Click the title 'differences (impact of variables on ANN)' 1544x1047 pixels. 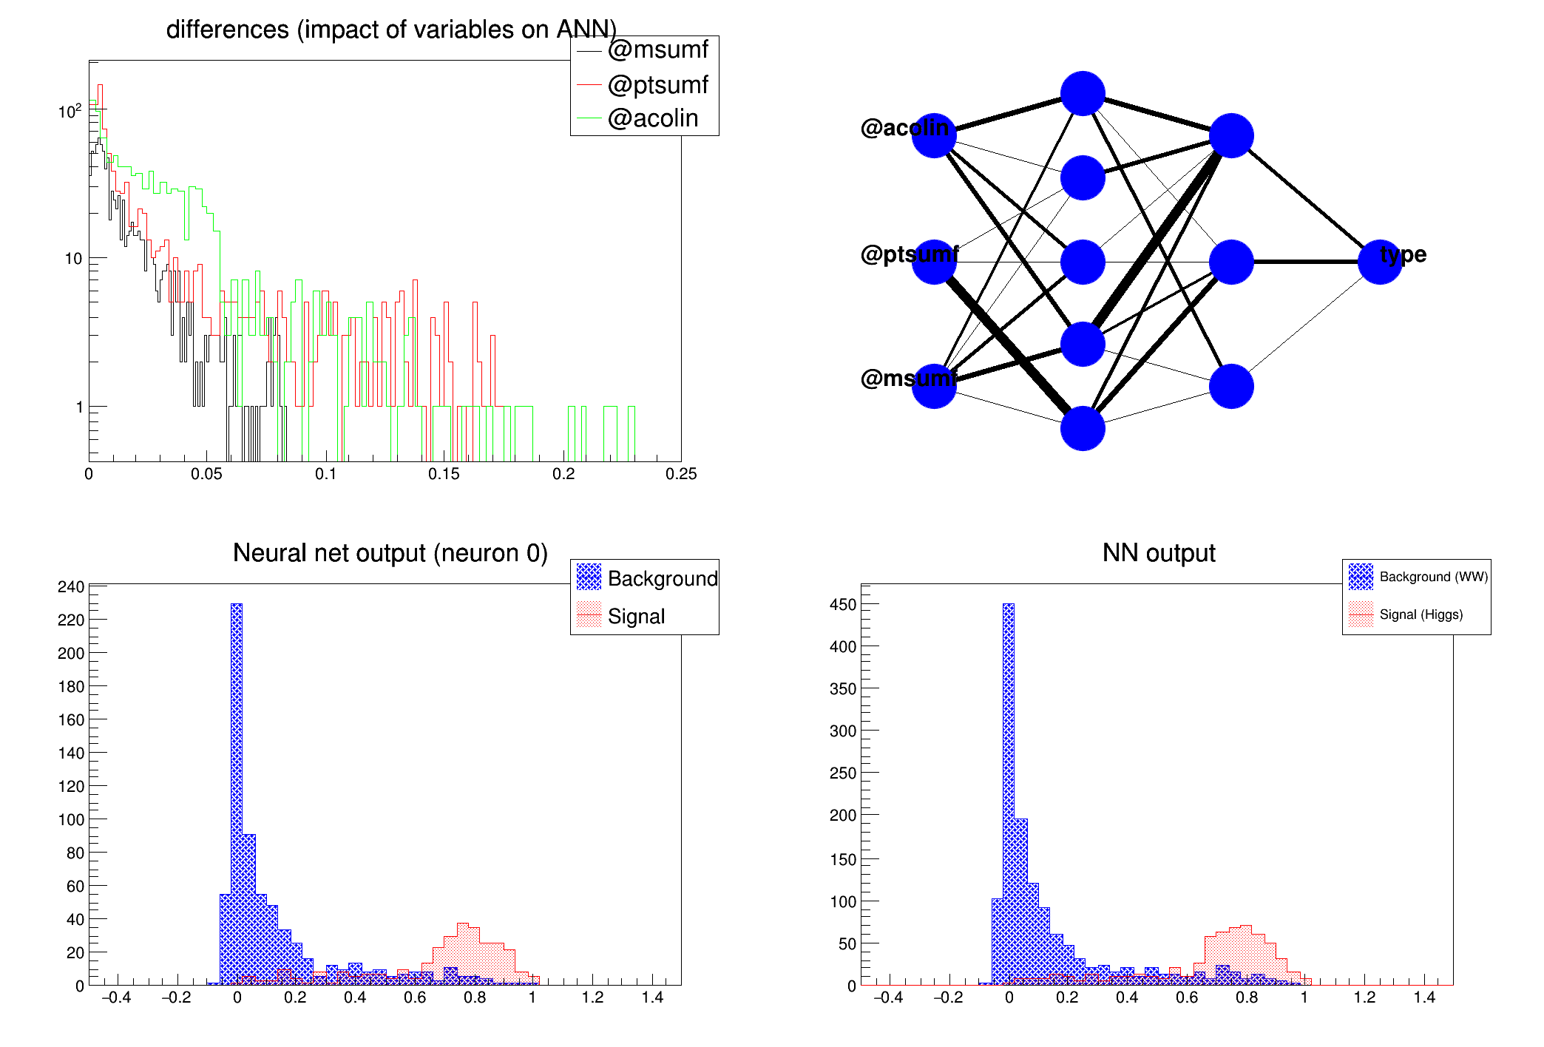point(391,30)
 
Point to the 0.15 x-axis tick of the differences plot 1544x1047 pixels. point(444,474)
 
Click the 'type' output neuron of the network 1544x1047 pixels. point(1380,262)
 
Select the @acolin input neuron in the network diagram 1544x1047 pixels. point(934,136)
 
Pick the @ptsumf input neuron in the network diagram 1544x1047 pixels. point(934,262)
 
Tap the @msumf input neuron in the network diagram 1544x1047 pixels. point(934,386)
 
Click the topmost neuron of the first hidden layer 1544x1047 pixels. point(1083,94)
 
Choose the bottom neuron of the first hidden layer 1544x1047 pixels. point(1083,428)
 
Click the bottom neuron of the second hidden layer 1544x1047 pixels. point(1231,386)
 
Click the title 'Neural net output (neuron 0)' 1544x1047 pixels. point(390,553)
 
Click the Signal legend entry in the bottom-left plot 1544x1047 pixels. point(636,616)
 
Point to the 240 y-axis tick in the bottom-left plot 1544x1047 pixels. point(71,587)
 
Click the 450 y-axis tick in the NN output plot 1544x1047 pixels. point(843,605)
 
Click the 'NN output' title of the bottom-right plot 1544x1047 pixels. point(1158,553)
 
